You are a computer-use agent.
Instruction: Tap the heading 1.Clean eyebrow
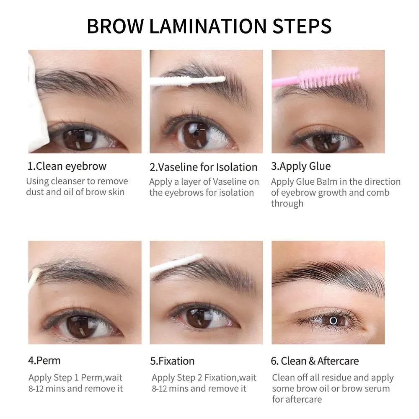67,166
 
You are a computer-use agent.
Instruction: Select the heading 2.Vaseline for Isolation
203,167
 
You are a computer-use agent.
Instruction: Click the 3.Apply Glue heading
301,166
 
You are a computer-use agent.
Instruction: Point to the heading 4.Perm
44,360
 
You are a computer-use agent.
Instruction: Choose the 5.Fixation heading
172,361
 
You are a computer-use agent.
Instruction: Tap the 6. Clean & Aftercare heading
316,361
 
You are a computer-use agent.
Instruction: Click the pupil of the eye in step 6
334,321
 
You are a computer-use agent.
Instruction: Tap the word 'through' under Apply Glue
287,204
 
